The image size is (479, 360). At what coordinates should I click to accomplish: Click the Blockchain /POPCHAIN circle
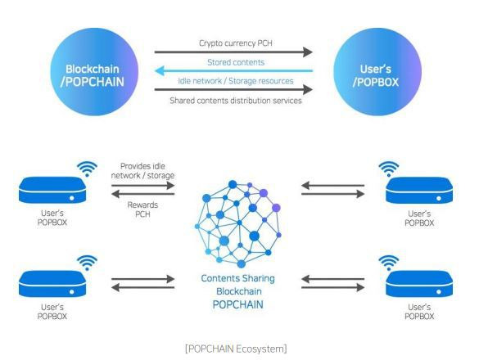coord(94,72)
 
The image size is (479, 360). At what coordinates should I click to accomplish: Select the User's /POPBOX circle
coord(377,72)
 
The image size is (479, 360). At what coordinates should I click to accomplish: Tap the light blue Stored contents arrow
coord(234,71)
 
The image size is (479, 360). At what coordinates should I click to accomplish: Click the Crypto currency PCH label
coord(236,43)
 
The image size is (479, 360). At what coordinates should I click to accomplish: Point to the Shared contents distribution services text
coord(236,101)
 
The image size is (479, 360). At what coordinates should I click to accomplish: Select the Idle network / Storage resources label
coord(236,81)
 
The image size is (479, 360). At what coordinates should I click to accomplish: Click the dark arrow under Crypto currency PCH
coord(233,52)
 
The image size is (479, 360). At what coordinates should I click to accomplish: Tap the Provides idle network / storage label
coord(142,171)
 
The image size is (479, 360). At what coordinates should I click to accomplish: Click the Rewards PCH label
coord(142,209)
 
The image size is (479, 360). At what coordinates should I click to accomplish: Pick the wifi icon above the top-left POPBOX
coord(87,169)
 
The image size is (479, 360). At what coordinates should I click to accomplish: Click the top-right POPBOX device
coord(419,191)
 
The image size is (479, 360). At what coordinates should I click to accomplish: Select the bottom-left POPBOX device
coord(52,284)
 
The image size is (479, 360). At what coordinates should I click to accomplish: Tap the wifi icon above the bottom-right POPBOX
coord(389,263)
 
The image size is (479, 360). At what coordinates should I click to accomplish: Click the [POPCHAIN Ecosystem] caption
coord(236,349)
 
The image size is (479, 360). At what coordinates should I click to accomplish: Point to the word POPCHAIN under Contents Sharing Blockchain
coord(237,304)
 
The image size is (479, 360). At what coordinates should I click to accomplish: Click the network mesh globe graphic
coord(237,224)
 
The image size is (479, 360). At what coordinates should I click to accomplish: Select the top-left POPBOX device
coord(52,190)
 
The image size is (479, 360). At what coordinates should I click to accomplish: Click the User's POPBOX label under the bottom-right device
coord(419,312)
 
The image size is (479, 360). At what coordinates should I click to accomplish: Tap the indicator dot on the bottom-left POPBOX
coord(72,292)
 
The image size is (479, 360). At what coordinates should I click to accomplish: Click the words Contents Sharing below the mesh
coord(237,278)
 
